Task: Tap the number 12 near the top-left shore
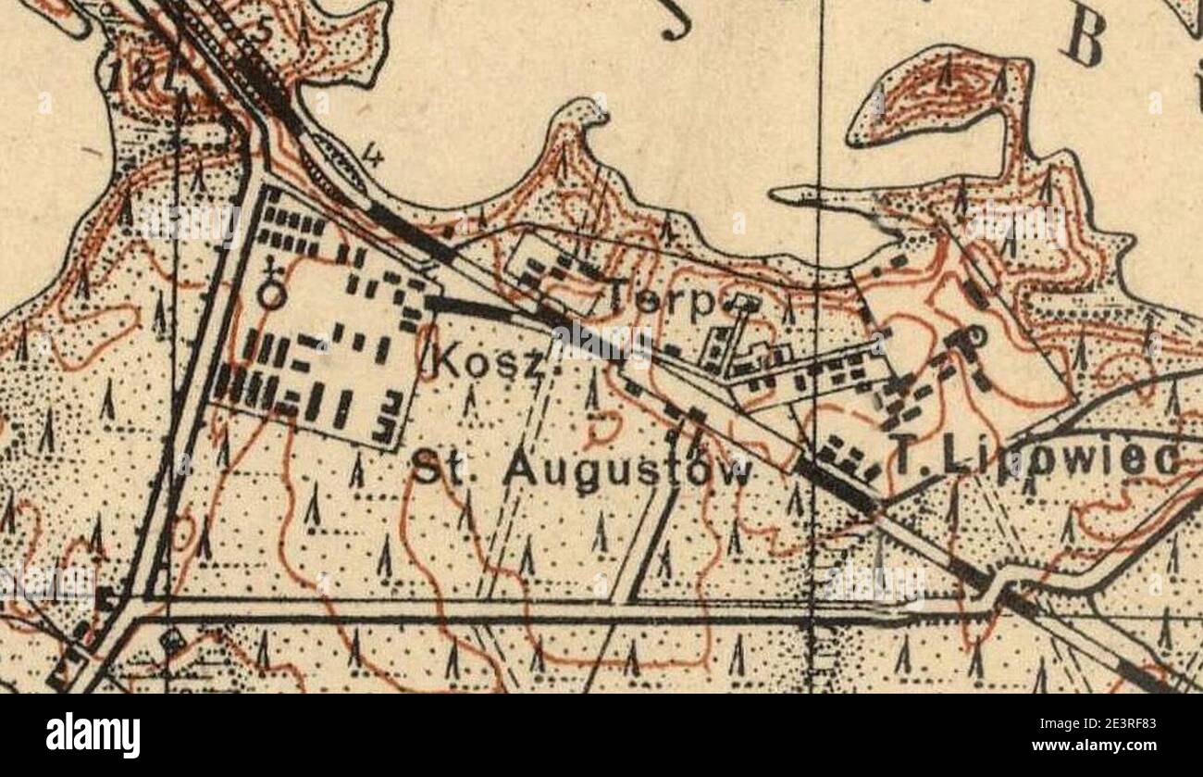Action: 125,77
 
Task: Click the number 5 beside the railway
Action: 265,31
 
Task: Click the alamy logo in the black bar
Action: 93,735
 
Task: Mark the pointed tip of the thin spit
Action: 774,194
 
